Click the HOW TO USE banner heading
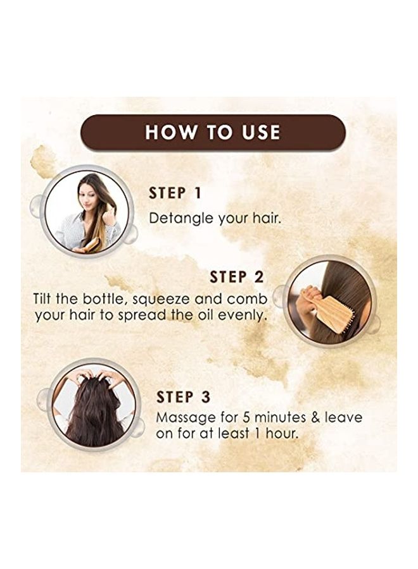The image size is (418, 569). (213, 132)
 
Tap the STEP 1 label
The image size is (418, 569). (175, 193)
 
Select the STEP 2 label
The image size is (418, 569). (237, 278)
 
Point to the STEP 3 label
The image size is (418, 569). (183, 397)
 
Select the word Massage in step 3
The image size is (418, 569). (186, 418)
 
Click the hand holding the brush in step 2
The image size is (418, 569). (308, 300)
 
